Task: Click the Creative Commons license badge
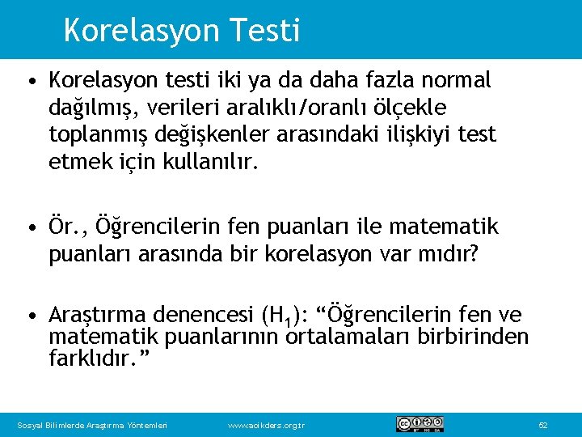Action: (420, 424)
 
